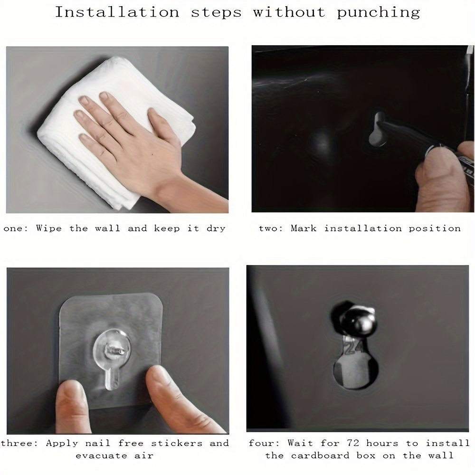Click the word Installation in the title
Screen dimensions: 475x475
[x=117, y=12]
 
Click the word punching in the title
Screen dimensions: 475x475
[x=379, y=13]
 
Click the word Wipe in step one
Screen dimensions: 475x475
[x=49, y=228]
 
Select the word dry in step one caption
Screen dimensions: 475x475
[x=216, y=228]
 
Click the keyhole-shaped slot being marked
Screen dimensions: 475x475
[x=378, y=129]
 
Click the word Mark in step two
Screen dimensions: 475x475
[x=304, y=228]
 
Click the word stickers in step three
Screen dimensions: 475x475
[x=177, y=443]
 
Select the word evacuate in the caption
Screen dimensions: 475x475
[x=102, y=456]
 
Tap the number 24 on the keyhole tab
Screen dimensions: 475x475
[x=354, y=348]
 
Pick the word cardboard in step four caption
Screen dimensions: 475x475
[x=320, y=456]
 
